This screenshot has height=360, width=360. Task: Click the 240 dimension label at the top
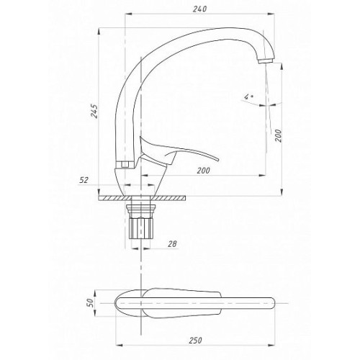199,9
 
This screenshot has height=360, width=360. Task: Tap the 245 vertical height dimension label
94,111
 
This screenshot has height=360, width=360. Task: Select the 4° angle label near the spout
248,97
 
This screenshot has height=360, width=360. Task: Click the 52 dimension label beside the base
84,180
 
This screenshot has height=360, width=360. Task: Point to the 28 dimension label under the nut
172,244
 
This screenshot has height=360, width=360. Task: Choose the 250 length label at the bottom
196,341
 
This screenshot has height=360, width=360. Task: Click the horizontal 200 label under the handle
203,171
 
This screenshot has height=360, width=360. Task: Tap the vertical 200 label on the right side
278,135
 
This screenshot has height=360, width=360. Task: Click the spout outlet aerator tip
266,60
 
